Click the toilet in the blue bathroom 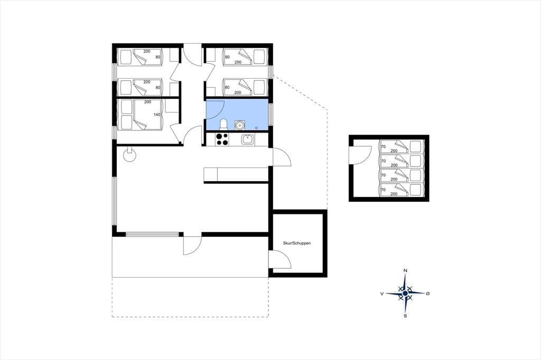click(x=223, y=125)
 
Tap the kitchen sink click(x=247, y=139)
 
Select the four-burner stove click(x=222, y=139)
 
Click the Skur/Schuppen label click(x=297, y=243)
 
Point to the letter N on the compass click(x=405, y=270)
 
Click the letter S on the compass click(x=405, y=316)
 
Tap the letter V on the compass click(x=382, y=293)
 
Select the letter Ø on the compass click(x=428, y=293)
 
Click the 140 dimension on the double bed click(x=156, y=115)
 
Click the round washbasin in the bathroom click(x=239, y=125)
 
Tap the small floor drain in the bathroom click(x=256, y=128)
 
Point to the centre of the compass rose click(x=405, y=293)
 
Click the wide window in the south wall click(x=153, y=234)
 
